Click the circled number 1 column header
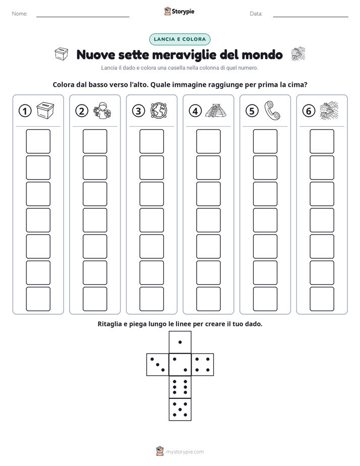click(x=25, y=111)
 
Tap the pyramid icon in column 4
click(x=216, y=110)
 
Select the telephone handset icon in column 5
click(x=272, y=110)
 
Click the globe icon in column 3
click(x=159, y=111)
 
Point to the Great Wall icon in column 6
click(x=329, y=110)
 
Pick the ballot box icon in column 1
click(x=45, y=110)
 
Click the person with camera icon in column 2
click(x=102, y=111)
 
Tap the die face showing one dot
click(x=180, y=342)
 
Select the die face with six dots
click(x=180, y=387)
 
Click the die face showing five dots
click(x=180, y=409)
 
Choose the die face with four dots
click(x=202, y=365)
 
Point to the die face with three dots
click(x=158, y=365)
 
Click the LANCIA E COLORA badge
click(x=179, y=39)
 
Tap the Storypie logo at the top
click(x=179, y=11)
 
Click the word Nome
click(x=20, y=14)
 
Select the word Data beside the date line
click(x=256, y=14)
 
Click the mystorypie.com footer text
click(x=185, y=452)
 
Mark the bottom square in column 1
click(x=38, y=299)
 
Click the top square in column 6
click(x=322, y=141)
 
